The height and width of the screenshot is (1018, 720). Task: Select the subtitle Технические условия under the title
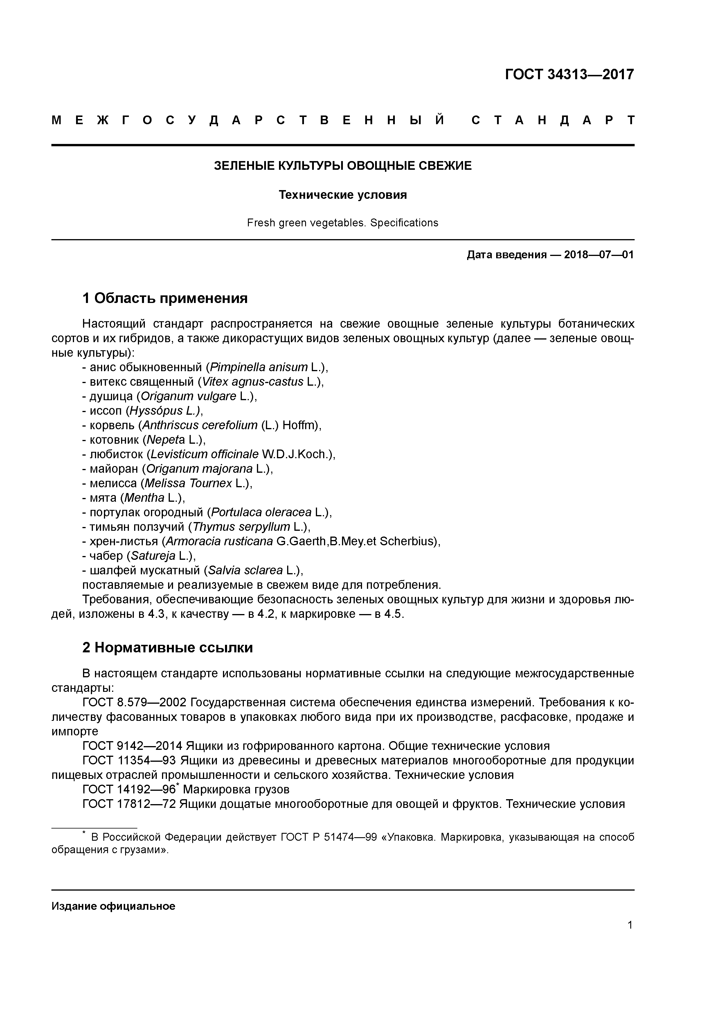pos(343,195)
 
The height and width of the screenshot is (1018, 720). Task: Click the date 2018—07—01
pos(599,255)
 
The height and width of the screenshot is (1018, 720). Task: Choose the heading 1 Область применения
pos(165,298)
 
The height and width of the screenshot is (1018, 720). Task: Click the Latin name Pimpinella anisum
pos(259,367)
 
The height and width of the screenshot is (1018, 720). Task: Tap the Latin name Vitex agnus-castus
pos(252,382)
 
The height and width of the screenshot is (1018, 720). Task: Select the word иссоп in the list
pos(108,411)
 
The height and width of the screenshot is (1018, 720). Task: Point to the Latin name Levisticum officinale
pos(204,454)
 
